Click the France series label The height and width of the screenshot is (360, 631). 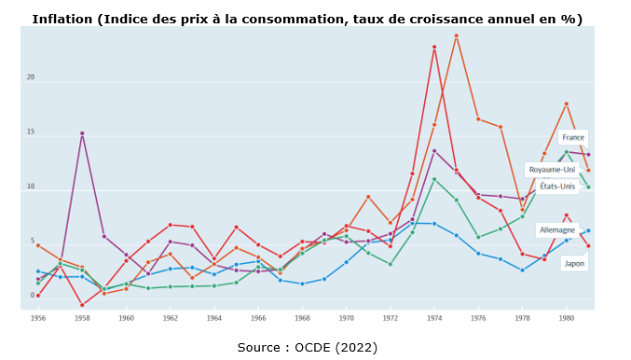(x=572, y=137)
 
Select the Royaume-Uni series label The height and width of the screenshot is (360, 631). (x=552, y=170)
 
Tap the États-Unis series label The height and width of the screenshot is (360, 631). (x=557, y=187)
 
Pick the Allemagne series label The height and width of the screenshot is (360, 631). (x=557, y=229)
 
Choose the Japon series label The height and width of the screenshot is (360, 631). (x=574, y=263)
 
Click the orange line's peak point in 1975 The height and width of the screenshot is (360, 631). (x=456, y=35)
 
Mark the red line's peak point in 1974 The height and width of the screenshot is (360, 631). (x=434, y=47)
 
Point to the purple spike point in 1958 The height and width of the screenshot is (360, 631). (x=82, y=133)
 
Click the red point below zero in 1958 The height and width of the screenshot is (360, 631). (x=82, y=305)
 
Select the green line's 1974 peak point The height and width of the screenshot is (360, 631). (x=434, y=179)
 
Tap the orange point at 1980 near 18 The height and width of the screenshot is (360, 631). (x=566, y=104)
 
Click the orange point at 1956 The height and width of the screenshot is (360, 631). (x=38, y=245)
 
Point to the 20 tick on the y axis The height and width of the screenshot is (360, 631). (x=31, y=77)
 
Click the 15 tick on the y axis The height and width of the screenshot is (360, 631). (x=31, y=132)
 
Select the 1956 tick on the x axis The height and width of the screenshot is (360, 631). (x=38, y=318)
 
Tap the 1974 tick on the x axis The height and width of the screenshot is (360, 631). (x=434, y=318)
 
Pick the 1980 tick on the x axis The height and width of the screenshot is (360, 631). (x=566, y=318)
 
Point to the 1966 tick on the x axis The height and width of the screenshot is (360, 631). (x=258, y=318)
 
